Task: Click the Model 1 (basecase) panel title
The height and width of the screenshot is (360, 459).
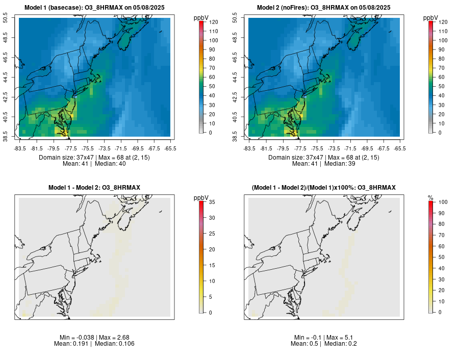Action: click(x=94, y=8)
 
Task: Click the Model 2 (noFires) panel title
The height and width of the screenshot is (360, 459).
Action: click(x=324, y=8)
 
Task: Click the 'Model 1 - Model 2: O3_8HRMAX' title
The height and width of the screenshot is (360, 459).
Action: click(x=94, y=188)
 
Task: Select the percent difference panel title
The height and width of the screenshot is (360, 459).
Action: click(x=324, y=188)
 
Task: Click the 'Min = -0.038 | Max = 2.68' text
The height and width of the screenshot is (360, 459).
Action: click(x=94, y=338)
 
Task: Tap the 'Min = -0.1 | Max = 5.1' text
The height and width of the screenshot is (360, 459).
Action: click(x=324, y=338)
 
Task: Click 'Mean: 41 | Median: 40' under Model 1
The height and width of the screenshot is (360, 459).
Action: click(x=94, y=164)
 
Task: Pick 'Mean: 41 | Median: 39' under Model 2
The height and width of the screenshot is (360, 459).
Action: click(x=324, y=164)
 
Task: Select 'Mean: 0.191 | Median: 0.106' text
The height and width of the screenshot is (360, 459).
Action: click(x=94, y=344)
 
